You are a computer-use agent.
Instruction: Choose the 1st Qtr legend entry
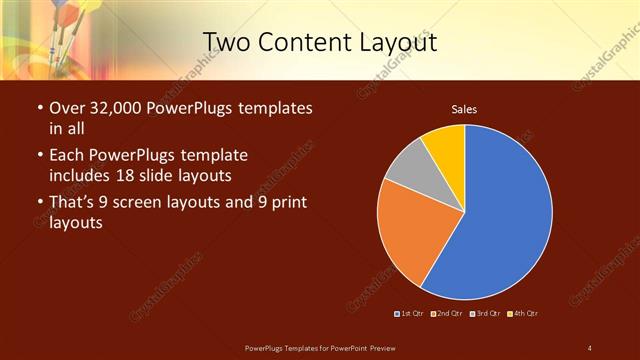pos(410,314)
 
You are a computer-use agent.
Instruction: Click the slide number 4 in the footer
pos(590,347)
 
